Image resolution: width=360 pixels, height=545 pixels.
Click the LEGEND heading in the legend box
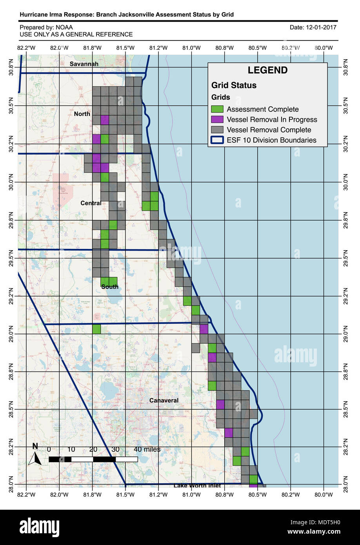[267, 71]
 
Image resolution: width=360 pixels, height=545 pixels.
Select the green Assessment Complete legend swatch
[217, 109]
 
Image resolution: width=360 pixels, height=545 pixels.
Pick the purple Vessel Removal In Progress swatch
[217, 120]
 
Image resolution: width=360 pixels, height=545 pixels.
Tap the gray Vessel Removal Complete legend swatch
[217, 130]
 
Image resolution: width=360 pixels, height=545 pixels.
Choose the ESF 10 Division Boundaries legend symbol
[217, 140]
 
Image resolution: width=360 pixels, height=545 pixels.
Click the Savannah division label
[84, 64]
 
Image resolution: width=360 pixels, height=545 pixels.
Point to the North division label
[82, 114]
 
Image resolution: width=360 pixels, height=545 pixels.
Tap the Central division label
[91, 203]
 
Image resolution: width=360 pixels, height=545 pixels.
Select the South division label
[110, 287]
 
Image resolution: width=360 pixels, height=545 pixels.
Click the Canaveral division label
[164, 400]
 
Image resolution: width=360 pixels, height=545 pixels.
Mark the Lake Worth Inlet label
[197, 486]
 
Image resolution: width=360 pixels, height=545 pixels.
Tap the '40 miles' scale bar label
[147, 449]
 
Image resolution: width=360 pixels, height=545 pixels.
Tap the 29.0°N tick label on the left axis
[11, 334]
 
